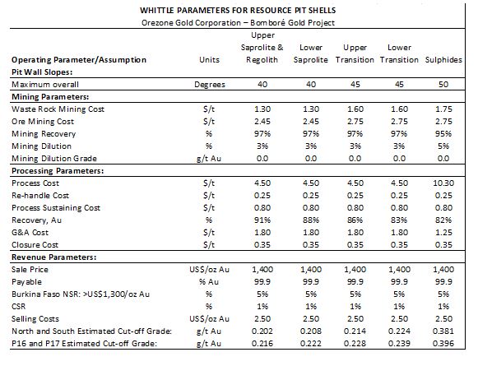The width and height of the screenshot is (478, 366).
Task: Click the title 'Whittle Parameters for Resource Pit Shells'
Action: pos(238,11)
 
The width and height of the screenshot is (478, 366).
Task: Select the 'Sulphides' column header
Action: pos(443,60)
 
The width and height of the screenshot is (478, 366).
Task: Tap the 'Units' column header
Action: pos(209,60)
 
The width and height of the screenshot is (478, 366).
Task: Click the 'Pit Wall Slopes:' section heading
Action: pos(42,72)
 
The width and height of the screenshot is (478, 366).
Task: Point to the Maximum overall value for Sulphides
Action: pos(443,85)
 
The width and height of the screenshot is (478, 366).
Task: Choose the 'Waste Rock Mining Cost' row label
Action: pos(58,109)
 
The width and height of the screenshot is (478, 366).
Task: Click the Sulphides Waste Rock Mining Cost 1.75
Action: pos(443,109)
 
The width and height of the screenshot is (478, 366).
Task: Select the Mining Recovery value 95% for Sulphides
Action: pos(443,134)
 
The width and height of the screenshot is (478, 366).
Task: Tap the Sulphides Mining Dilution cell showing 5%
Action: pos(443,146)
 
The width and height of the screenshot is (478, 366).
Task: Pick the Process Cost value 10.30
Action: pos(443,183)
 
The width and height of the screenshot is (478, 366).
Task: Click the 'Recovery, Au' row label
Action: pos(36,220)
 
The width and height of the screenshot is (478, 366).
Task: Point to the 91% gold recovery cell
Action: pos(262,220)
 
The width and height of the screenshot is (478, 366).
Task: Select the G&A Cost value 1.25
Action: pos(443,233)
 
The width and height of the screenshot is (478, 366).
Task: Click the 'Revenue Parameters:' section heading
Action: pos(54,257)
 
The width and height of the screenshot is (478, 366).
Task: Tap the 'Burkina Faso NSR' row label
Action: pos(81,294)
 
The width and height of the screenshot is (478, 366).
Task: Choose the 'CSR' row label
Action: pos(19,307)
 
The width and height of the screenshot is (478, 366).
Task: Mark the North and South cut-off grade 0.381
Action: pos(443,331)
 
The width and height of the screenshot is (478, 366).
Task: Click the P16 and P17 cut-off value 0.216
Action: pos(262,344)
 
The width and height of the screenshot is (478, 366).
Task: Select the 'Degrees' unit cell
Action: pos(210,85)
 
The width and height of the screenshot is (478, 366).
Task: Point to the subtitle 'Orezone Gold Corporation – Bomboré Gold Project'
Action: pos(238,23)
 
